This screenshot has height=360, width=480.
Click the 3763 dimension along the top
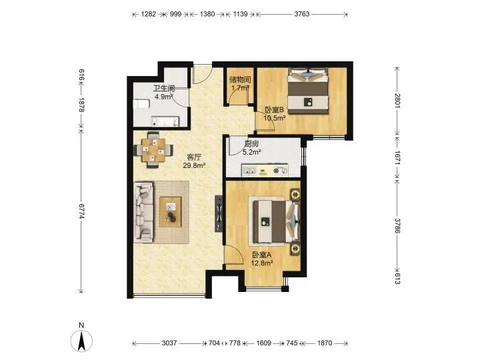[x=302, y=14]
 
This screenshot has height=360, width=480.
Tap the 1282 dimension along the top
[x=149, y=14]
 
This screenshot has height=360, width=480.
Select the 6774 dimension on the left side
[x=81, y=211]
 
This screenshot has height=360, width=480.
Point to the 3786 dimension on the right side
[x=397, y=225]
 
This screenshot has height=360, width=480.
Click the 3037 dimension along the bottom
[x=169, y=343]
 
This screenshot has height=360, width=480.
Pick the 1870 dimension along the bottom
[x=325, y=343]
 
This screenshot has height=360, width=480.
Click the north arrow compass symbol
[x=81, y=341]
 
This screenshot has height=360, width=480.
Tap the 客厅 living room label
[x=194, y=157]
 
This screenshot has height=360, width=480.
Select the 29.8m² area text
[x=194, y=165]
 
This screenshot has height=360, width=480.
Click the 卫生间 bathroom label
[x=164, y=89]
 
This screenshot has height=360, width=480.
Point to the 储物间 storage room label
[x=240, y=80]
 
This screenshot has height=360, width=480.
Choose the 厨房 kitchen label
[x=251, y=143]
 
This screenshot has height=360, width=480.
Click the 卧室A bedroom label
[x=262, y=255]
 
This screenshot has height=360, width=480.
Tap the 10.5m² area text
[x=275, y=118]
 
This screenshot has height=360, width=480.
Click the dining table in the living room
[x=153, y=150]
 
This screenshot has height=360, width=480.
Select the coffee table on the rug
[x=170, y=212]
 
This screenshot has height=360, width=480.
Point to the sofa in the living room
[x=143, y=213]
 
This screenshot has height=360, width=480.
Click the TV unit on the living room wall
[x=219, y=214]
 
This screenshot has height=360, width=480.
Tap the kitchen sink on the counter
[x=249, y=171]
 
